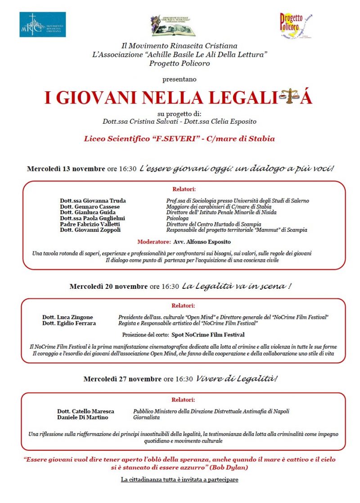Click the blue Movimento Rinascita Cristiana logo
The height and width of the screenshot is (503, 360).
(x=42, y=24)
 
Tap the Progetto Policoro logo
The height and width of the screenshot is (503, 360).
(x=296, y=25)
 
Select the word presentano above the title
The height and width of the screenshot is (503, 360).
(x=180, y=79)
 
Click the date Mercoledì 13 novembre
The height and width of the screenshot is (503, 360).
(x=66, y=169)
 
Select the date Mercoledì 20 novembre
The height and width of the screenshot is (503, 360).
(x=108, y=286)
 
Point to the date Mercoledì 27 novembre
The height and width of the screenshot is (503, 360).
(x=122, y=379)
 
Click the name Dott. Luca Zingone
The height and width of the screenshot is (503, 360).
(x=67, y=317)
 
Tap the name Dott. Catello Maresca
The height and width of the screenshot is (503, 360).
(x=85, y=411)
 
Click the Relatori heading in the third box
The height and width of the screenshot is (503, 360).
(x=183, y=400)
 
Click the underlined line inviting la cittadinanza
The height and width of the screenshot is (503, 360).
(x=180, y=480)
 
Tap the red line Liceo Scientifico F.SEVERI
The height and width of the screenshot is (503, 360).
(x=179, y=139)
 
